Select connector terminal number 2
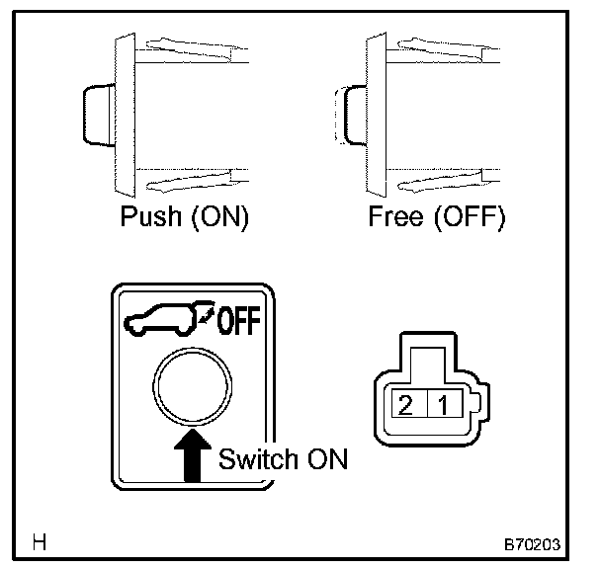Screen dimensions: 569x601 [404, 403]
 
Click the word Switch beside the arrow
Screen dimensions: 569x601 [256, 459]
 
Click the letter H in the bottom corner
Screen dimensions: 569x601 [40, 541]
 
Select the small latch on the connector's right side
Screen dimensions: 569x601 [477, 404]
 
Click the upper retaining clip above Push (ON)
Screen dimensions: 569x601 [188, 45]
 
